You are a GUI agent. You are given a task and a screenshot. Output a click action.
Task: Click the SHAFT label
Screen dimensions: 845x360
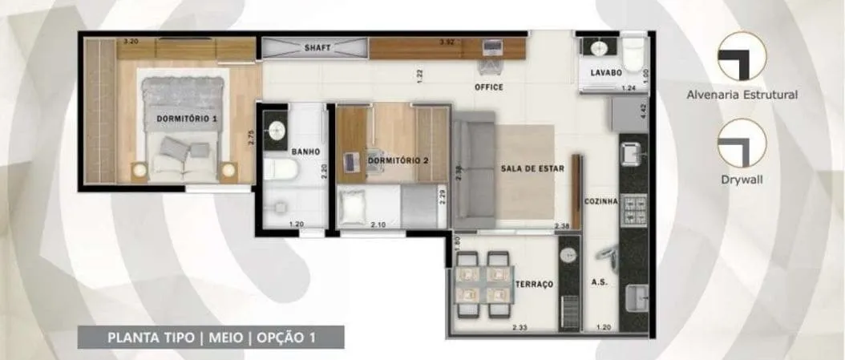point(317,47)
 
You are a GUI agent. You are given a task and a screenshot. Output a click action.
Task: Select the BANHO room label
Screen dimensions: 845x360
point(305,152)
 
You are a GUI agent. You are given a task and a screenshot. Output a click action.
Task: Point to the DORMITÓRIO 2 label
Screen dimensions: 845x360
point(398,160)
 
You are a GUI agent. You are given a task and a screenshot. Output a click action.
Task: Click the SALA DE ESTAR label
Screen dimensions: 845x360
point(532,168)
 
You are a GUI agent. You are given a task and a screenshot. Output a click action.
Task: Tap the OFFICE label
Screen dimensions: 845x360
point(489,87)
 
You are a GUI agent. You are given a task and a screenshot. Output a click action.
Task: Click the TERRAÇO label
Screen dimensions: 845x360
point(535,284)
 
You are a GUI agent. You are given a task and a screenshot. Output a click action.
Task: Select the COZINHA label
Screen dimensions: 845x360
point(600,201)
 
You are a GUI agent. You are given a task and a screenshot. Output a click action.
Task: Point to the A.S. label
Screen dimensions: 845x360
point(599,282)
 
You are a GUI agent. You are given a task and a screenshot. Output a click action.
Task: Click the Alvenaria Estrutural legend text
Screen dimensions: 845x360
point(742,95)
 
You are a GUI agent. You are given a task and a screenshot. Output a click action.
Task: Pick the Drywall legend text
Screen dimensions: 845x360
point(742,180)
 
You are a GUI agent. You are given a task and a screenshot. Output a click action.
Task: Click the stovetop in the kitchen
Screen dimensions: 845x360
point(633,209)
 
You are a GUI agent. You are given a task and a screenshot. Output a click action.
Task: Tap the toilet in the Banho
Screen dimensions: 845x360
point(280,168)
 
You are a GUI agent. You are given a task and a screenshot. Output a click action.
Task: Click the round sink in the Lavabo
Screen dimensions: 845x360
point(599,48)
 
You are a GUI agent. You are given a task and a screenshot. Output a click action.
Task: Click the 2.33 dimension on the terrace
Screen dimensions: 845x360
point(520,326)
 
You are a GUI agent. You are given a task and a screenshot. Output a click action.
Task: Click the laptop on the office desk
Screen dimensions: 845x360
point(492,48)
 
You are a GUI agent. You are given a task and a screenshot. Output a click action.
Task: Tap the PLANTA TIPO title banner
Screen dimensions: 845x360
point(212,338)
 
